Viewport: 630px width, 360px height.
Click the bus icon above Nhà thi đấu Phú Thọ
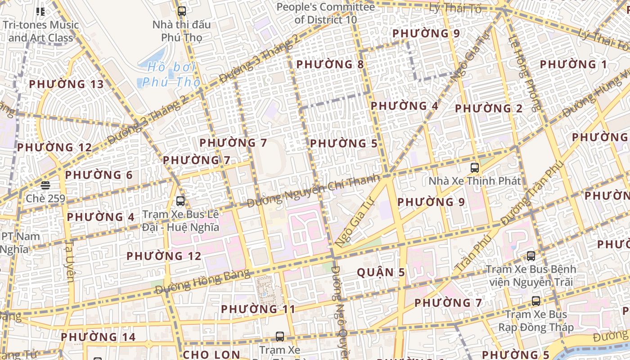click(x=182, y=11)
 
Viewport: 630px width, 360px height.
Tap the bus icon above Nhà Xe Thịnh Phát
click(x=474, y=168)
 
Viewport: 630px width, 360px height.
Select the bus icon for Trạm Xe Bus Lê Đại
click(x=180, y=201)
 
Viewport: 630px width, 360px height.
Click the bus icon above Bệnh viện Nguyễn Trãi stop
click(x=531, y=256)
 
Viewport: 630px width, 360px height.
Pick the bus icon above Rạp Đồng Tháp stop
click(x=535, y=301)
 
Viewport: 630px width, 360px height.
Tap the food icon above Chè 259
click(x=45, y=185)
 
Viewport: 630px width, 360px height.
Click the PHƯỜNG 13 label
click(x=66, y=84)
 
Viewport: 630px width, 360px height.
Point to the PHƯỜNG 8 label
click(x=330, y=64)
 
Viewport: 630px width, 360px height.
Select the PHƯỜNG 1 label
click(x=573, y=64)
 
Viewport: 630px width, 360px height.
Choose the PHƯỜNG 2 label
click(x=489, y=108)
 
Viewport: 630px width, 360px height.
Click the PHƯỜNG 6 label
click(x=99, y=175)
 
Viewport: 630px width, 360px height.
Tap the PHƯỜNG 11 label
click(x=258, y=309)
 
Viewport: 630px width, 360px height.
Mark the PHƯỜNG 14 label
click(x=98, y=337)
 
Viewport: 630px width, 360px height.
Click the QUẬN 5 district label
click(x=381, y=272)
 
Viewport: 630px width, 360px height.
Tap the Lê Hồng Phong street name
click(x=524, y=72)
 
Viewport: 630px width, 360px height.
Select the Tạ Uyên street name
click(x=70, y=261)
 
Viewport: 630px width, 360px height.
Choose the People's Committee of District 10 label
click(x=325, y=13)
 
